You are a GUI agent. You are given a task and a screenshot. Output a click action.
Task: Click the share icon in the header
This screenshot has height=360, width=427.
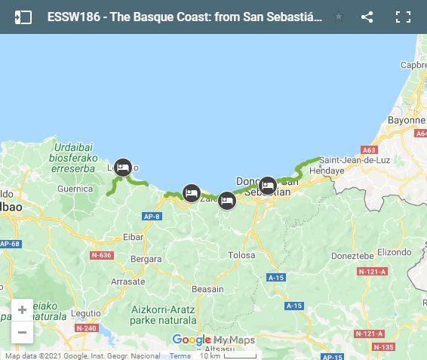click(367, 17)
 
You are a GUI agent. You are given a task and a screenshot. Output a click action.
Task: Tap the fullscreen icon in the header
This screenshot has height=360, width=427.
click(404, 17)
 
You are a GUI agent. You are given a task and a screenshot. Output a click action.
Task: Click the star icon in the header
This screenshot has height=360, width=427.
click(339, 17)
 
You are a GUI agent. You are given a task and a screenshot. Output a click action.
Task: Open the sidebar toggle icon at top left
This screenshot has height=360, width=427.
click(23, 17)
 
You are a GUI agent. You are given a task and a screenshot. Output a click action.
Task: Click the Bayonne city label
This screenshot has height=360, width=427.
click(407, 120)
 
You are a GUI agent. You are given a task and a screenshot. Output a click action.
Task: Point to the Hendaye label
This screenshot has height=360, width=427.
click(327, 171)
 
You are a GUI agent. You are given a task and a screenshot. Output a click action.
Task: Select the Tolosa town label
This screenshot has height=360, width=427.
click(241, 255)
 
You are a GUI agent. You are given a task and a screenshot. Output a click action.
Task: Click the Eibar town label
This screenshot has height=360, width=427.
click(133, 237)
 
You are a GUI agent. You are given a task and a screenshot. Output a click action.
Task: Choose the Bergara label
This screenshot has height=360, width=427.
click(145, 259)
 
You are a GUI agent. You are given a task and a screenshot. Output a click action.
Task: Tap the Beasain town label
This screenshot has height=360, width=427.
click(207, 289)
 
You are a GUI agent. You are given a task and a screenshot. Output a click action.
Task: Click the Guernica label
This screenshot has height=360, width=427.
click(74, 189)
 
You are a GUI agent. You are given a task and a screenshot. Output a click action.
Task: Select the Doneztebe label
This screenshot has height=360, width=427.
click(353, 256)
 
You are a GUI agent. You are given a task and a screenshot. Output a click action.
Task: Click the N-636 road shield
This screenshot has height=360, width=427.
click(101, 255)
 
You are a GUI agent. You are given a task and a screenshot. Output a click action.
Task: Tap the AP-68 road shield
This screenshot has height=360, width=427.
click(9, 244)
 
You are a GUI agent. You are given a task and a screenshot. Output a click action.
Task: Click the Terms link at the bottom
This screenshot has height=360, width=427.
click(180, 355)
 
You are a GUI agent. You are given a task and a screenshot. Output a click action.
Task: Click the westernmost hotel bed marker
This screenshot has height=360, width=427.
click(123, 168)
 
